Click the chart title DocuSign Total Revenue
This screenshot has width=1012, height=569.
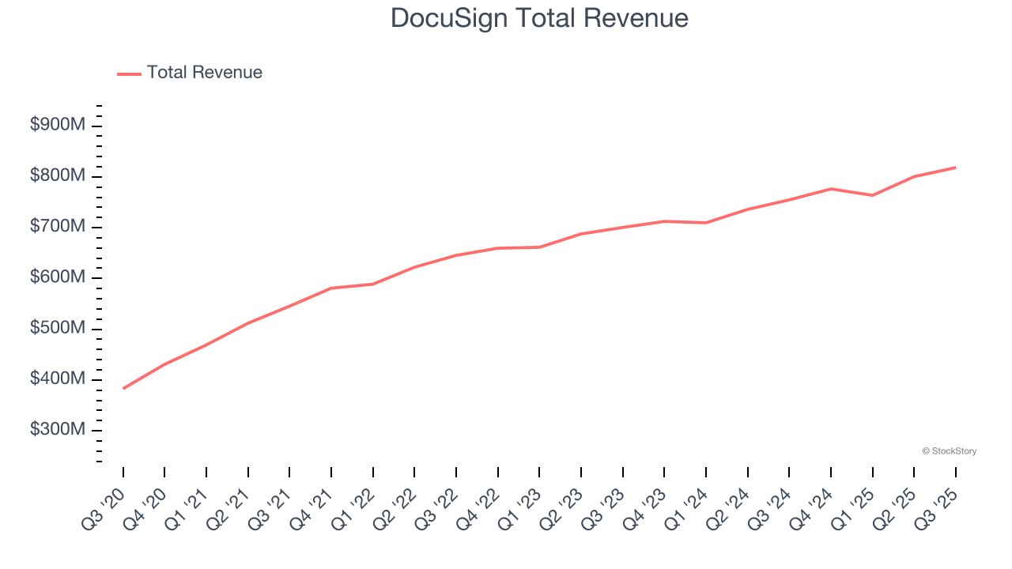point(539,18)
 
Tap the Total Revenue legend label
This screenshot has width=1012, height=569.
point(204,73)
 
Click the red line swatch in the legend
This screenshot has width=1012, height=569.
point(129,73)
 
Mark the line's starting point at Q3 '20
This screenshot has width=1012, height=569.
point(123,388)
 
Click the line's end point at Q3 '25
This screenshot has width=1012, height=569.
point(956,168)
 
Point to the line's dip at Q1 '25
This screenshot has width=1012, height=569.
point(873,195)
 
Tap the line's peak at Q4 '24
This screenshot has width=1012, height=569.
point(831,189)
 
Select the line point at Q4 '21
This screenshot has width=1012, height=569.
point(331,288)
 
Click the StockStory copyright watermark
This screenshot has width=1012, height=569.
point(950,451)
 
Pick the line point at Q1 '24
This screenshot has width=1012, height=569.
point(706,223)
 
